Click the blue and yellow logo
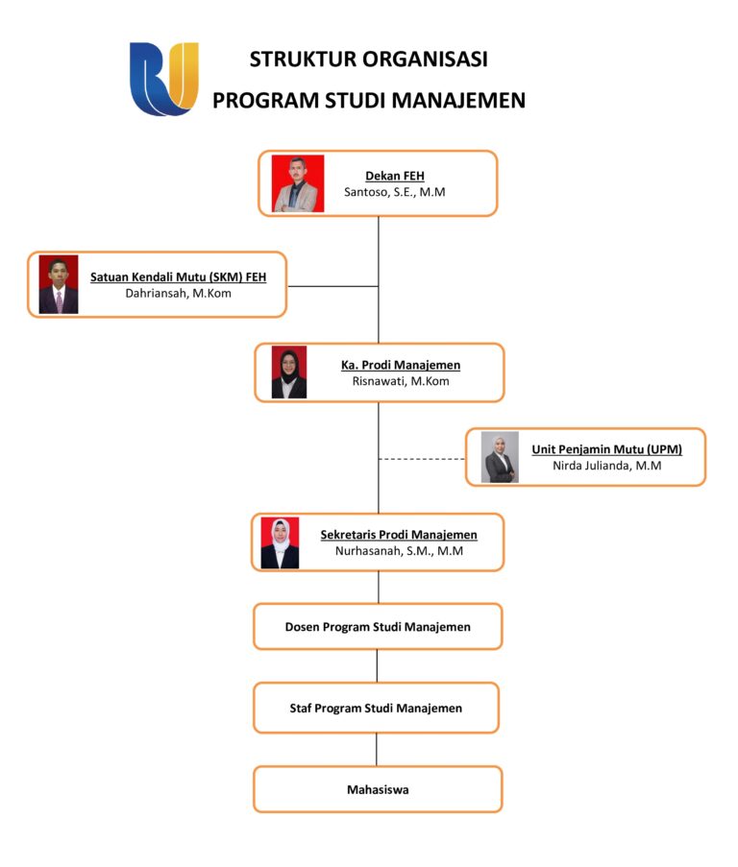164,79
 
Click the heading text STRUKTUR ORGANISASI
368,60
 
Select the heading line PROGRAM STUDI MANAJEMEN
369,100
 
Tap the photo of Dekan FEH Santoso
298,183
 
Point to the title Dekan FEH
395,176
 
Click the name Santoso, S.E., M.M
395,192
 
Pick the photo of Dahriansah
59,285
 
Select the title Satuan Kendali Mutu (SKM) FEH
179,277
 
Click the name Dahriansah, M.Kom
179,294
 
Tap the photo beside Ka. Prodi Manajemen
289,373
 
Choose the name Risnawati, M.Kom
401,381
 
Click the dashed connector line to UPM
422,459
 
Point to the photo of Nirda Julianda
500,457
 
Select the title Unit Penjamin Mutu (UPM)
607,449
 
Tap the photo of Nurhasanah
280,543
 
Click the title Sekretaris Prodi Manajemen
399,535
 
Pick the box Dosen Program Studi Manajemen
378,627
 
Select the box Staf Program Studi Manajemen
376,709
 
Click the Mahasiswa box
378,789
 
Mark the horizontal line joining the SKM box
332,286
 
